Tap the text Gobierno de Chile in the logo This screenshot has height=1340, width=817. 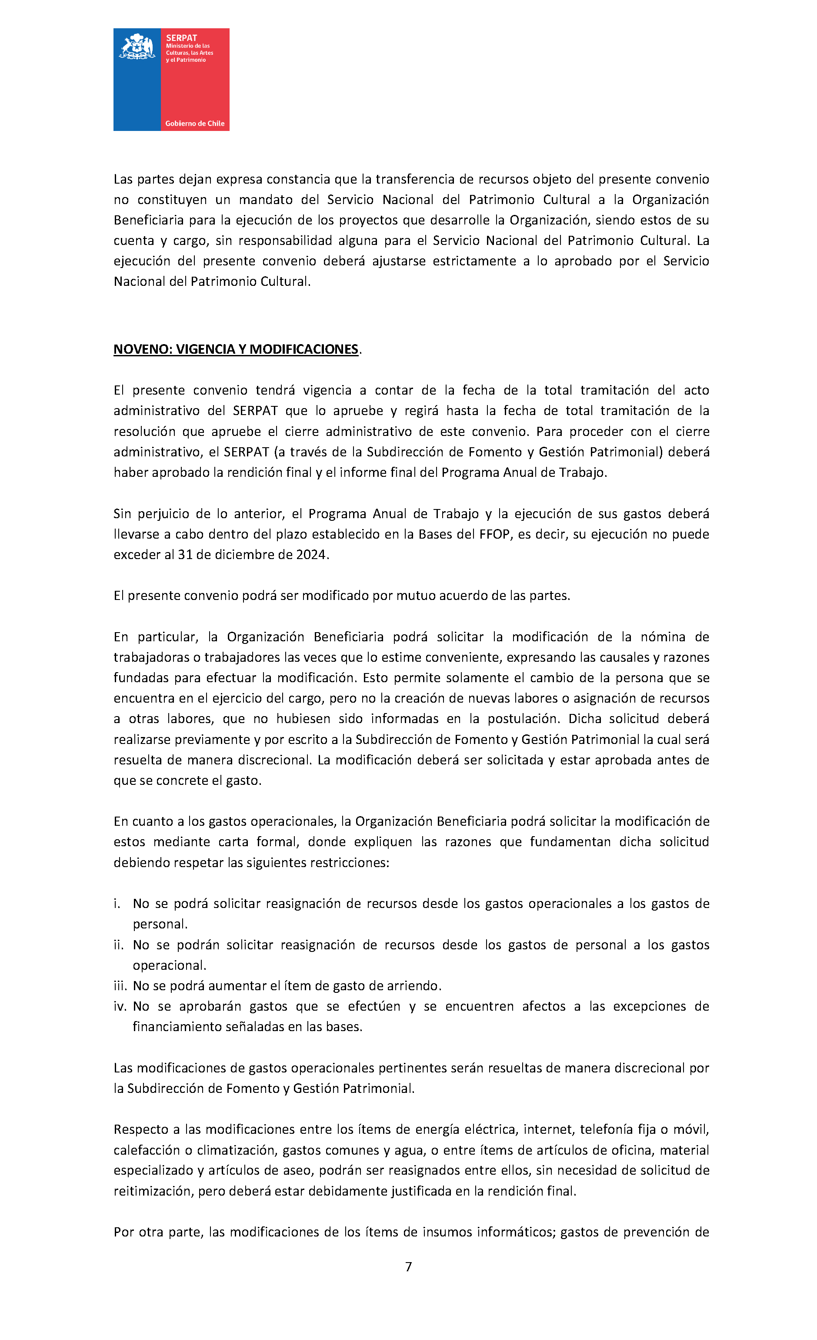[x=195, y=124]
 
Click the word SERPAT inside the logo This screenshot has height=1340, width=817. [x=182, y=38]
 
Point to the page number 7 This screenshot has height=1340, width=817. [x=409, y=1267]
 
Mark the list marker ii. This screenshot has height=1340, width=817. [x=119, y=945]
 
